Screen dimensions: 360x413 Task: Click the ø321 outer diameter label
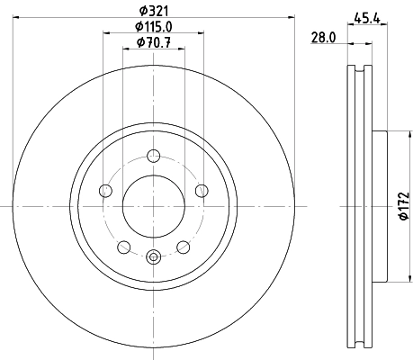coord(153,10)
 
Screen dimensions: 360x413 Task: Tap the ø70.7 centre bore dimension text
coord(153,43)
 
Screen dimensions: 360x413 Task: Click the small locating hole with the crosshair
coord(153,258)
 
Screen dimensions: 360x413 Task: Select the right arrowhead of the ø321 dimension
coord(292,18)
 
